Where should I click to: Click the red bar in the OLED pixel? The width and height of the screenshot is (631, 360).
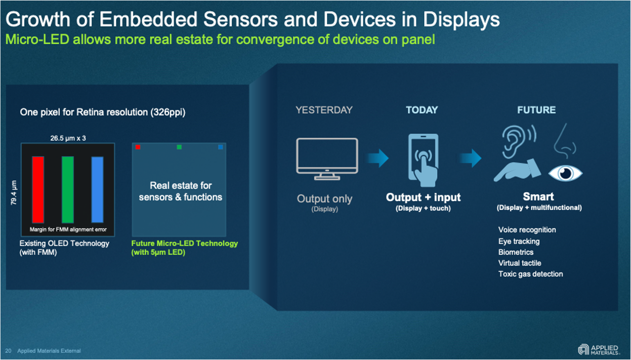pos(38,190)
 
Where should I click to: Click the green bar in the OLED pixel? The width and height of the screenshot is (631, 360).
pos(68,190)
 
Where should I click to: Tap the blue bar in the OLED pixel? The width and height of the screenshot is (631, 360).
pos(97,190)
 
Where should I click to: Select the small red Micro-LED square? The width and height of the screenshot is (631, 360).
pos(138,147)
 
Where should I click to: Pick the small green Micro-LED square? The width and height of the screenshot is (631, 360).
pos(179,147)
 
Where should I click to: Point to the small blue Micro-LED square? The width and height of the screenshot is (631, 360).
pos(220,147)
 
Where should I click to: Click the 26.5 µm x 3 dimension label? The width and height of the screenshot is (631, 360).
pos(68,138)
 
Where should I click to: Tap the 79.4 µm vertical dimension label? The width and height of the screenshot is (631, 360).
pos(14,193)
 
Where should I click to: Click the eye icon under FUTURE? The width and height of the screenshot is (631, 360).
pos(565,173)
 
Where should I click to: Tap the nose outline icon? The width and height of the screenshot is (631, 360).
pos(564,140)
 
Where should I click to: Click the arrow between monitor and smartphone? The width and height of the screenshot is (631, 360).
pos(377,159)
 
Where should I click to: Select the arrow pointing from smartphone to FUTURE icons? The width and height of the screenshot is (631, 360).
pos(469,159)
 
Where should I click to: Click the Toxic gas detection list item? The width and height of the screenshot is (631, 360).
pos(530,274)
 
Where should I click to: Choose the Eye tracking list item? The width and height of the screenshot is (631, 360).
pos(518,241)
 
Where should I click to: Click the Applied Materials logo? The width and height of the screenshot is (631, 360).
pos(598,350)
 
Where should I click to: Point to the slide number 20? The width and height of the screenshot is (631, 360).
pos(8,351)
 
